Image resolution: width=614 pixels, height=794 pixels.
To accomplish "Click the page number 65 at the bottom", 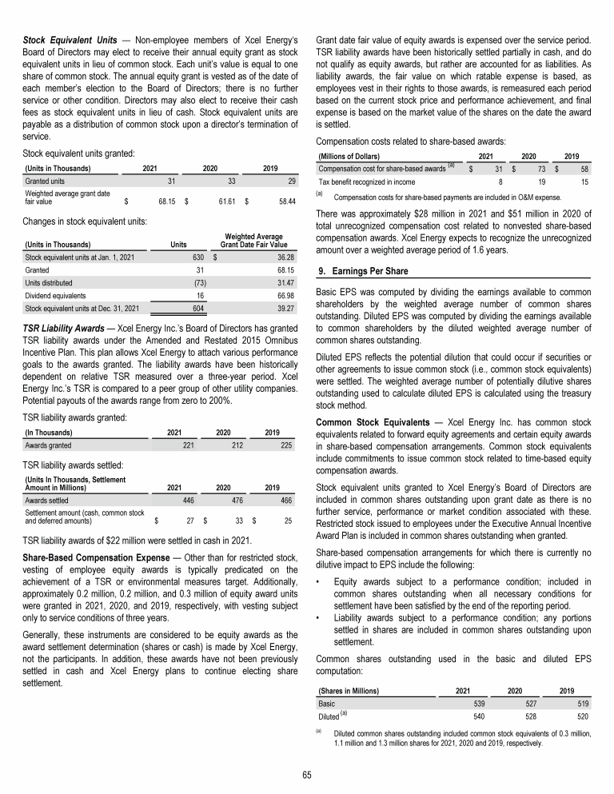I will [307, 775].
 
